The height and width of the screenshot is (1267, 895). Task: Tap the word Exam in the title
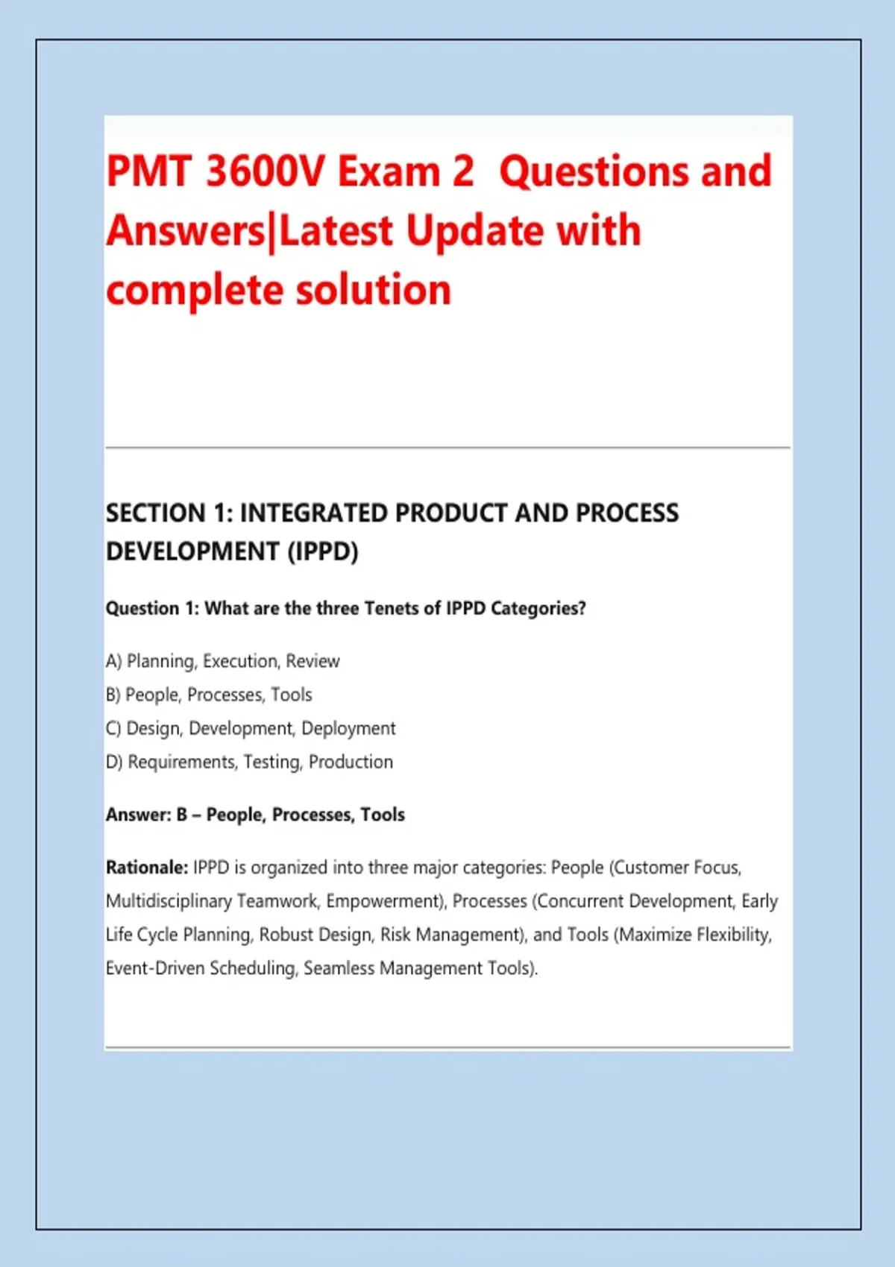[389, 171]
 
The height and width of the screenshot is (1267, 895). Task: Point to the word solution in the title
[374, 290]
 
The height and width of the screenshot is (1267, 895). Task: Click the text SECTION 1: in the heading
[169, 513]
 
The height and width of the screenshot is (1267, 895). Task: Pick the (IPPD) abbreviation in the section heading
[323, 552]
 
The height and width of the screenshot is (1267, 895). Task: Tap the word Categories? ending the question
[538, 609]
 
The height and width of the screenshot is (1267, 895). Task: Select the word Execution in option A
[242, 660]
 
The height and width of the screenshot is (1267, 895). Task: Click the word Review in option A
[313, 660]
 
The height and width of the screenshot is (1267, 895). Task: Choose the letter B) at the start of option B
[113, 695]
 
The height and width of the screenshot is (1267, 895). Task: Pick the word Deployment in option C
[348, 729]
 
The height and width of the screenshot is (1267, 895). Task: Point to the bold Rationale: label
[147, 867]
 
